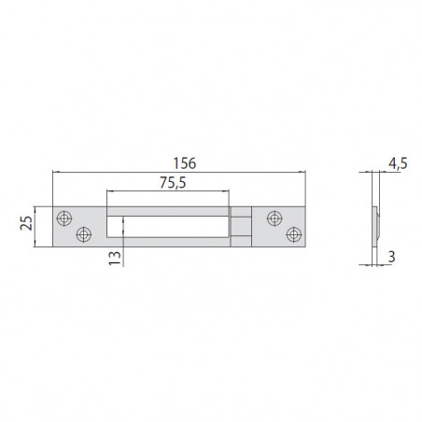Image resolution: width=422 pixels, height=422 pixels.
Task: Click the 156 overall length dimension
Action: (185, 163)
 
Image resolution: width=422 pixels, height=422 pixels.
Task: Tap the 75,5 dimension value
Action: (173, 183)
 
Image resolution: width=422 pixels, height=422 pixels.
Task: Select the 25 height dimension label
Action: (26, 223)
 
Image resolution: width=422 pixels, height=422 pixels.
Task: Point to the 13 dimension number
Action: (115, 258)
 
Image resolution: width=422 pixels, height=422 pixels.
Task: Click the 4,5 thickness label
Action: (398, 163)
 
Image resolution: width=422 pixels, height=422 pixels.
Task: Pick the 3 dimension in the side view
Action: (391, 257)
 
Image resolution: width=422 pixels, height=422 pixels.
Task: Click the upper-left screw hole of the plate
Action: (64, 218)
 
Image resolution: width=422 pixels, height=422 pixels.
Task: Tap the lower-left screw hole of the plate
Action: (84, 234)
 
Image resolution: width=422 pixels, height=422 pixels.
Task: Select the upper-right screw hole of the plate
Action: (274, 218)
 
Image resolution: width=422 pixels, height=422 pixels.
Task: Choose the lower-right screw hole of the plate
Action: (294, 234)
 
